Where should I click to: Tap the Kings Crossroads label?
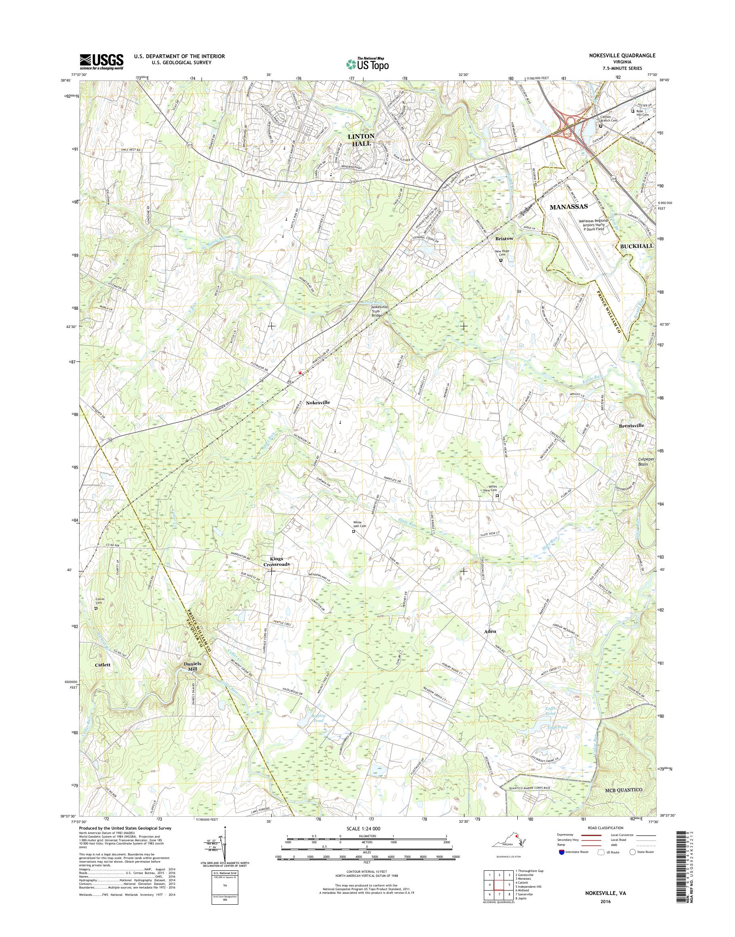(x=271, y=561)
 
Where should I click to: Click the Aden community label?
(x=490, y=631)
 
